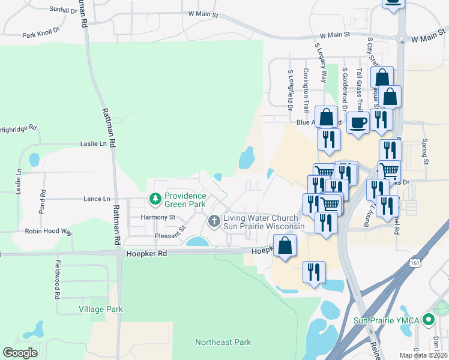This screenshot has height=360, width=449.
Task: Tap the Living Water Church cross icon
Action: [x=214, y=221]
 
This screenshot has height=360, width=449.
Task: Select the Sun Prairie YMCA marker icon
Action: [x=428, y=320]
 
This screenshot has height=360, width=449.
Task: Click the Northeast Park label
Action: [x=222, y=342]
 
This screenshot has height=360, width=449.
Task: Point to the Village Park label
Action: [x=100, y=309]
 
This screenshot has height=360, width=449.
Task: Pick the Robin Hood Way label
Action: [x=48, y=231]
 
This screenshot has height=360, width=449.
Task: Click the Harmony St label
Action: [x=157, y=217]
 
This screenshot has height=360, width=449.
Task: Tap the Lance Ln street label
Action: [x=97, y=199]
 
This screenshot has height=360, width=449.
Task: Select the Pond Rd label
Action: [x=43, y=202]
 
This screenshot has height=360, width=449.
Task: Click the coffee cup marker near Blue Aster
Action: [x=358, y=123]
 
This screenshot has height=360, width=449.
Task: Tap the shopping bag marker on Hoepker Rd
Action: [x=285, y=245]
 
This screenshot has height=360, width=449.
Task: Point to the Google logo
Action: [x=20, y=353]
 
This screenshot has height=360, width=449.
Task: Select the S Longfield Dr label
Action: [x=290, y=91]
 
